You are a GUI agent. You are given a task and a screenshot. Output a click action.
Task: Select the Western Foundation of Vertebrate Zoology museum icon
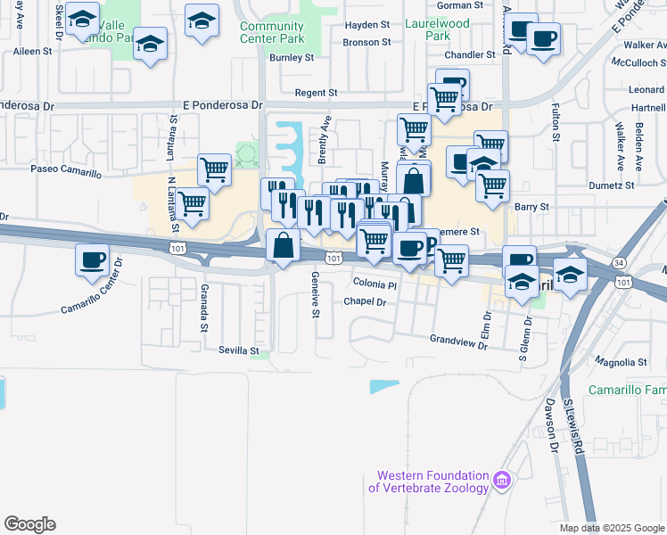[502, 481]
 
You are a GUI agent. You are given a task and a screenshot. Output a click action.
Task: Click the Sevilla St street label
[238, 351]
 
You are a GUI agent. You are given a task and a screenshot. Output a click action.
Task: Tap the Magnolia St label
[623, 362]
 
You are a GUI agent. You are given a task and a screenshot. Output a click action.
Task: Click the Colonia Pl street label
[374, 284]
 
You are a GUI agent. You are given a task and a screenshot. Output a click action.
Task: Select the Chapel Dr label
[365, 302]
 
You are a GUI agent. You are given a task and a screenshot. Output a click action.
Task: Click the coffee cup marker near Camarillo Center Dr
[93, 260]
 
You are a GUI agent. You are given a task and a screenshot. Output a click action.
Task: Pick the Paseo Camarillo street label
[66, 169]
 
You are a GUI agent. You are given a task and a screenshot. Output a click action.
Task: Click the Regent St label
[320, 93]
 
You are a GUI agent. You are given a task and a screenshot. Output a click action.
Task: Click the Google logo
[29, 524]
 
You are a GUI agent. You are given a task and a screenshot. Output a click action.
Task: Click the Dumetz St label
[612, 186]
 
